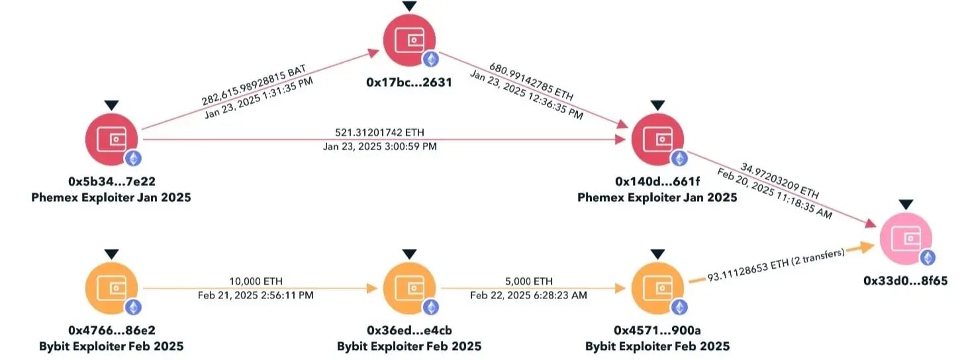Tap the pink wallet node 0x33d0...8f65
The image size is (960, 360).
[x=906, y=239]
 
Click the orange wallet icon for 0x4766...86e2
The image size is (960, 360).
[x=111, y=289]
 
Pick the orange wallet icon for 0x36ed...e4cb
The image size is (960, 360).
[x=410, y=289]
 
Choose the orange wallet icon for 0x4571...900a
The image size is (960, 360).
[x=657, y=289]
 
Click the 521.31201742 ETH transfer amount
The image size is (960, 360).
[x=379, y=132]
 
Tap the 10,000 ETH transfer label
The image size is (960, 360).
[x=255, y=281]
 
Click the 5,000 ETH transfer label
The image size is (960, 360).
[x=528, y=281]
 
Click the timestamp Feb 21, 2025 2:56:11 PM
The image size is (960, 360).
[x=255, y=295]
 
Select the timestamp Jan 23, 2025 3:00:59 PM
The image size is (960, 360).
[x=379, y=146]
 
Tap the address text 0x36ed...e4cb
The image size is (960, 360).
[x=409, y=330]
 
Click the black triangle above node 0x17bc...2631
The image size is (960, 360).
[x=410, y=6]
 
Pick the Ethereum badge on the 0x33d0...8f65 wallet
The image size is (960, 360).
[x=928, y=258]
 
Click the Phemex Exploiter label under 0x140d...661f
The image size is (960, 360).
[x=657, y=197]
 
